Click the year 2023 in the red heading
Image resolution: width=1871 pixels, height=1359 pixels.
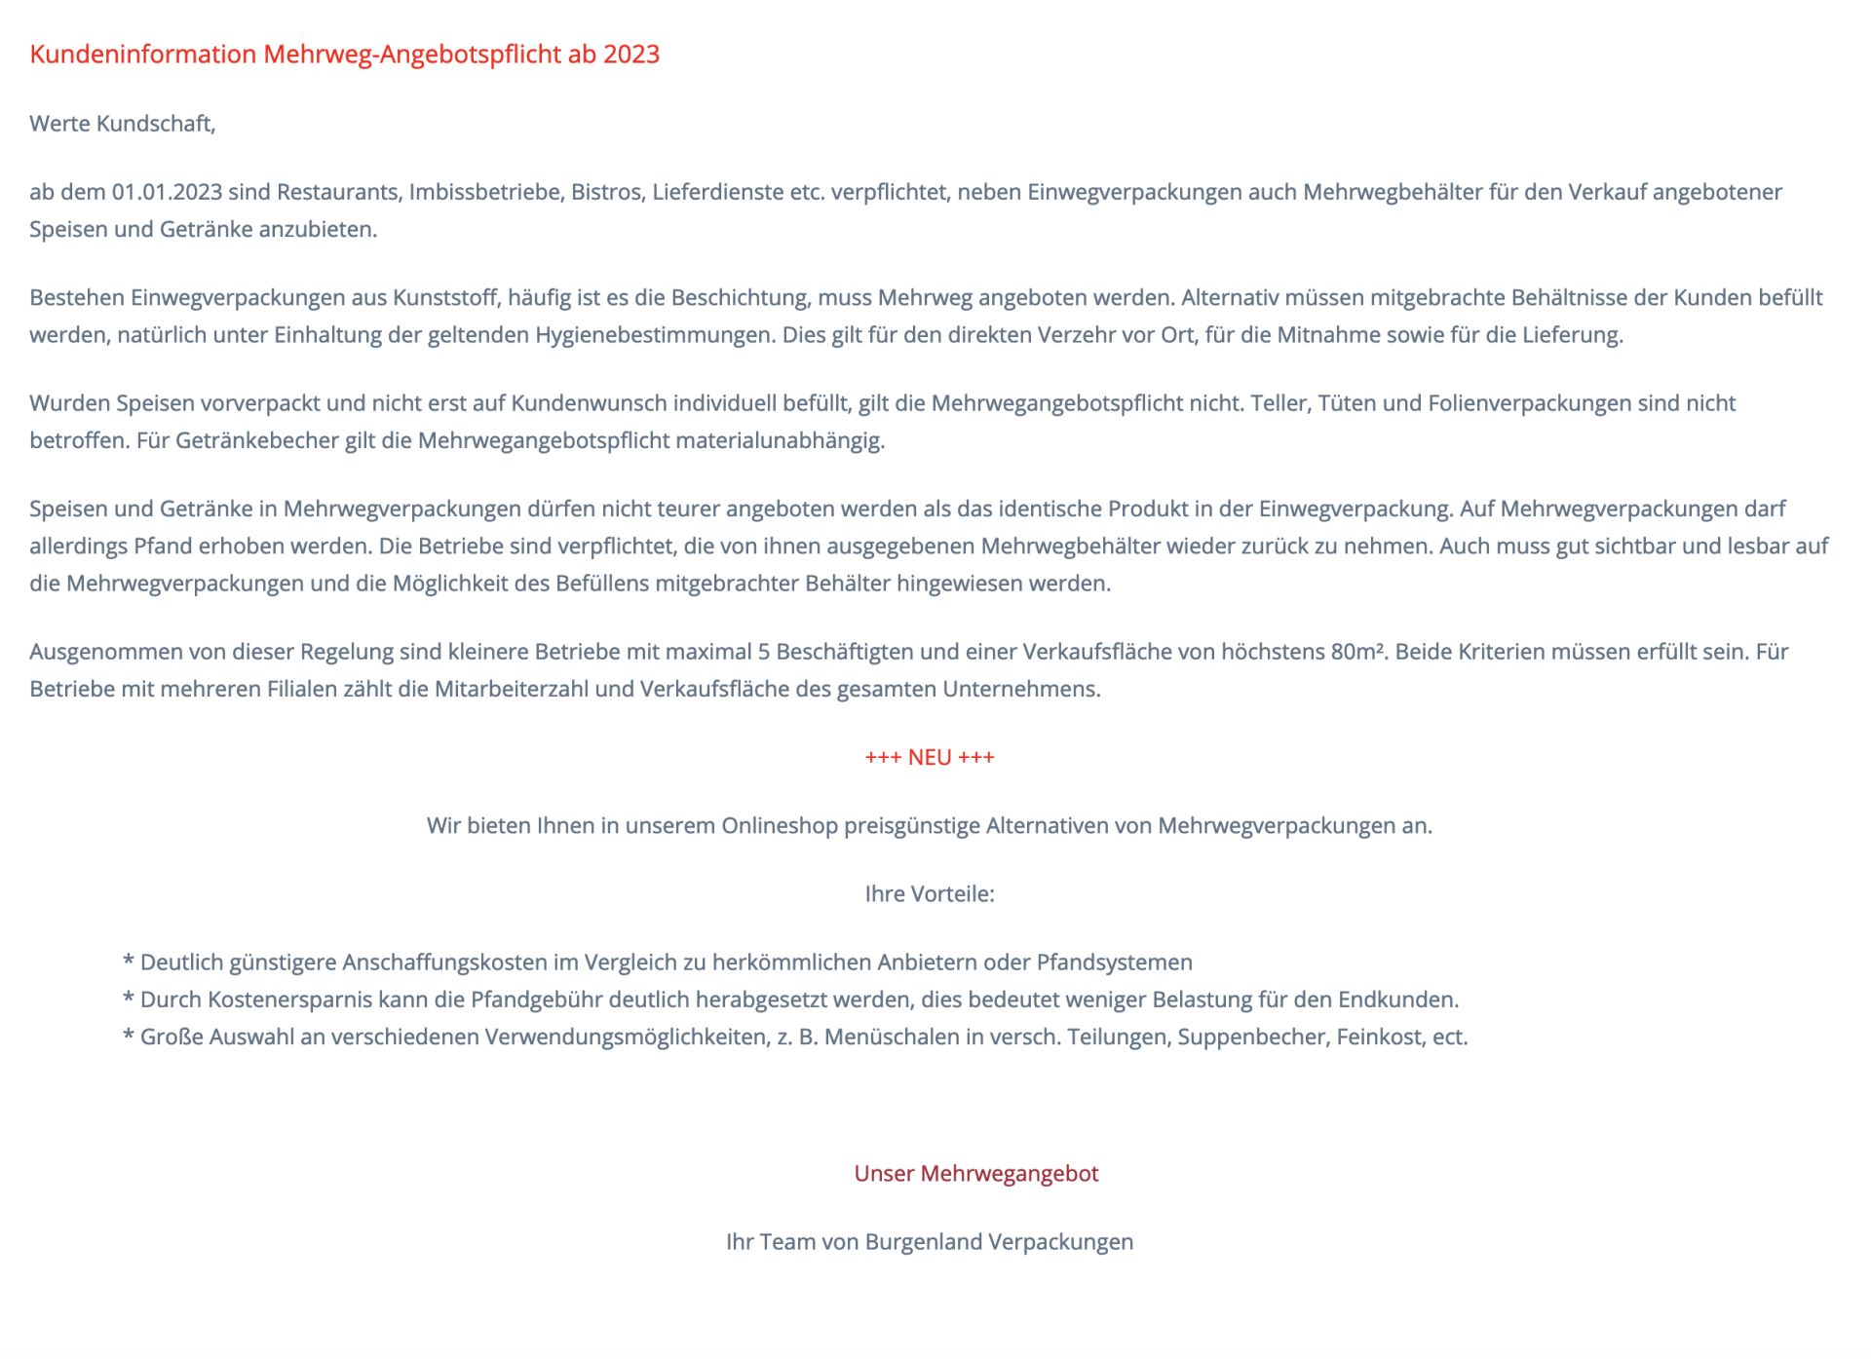point(630,55)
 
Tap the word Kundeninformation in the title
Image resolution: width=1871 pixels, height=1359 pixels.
point(143,55)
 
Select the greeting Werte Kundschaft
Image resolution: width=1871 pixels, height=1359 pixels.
point(122,124)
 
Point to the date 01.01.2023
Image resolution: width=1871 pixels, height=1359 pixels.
point(167,192)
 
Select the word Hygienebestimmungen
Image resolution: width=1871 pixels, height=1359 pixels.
point(656,335)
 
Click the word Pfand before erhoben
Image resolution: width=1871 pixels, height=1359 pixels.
point(163,547)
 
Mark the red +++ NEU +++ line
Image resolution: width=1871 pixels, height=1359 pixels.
point(930,758)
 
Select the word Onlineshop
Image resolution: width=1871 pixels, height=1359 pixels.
point(779,826)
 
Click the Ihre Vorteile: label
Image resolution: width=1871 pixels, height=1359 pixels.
point(930,894)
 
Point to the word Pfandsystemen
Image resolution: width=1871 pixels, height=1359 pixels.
point(1114,963)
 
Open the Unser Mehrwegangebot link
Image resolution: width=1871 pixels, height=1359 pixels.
point(975,1174)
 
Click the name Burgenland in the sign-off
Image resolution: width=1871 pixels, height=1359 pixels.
point(923,1242)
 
